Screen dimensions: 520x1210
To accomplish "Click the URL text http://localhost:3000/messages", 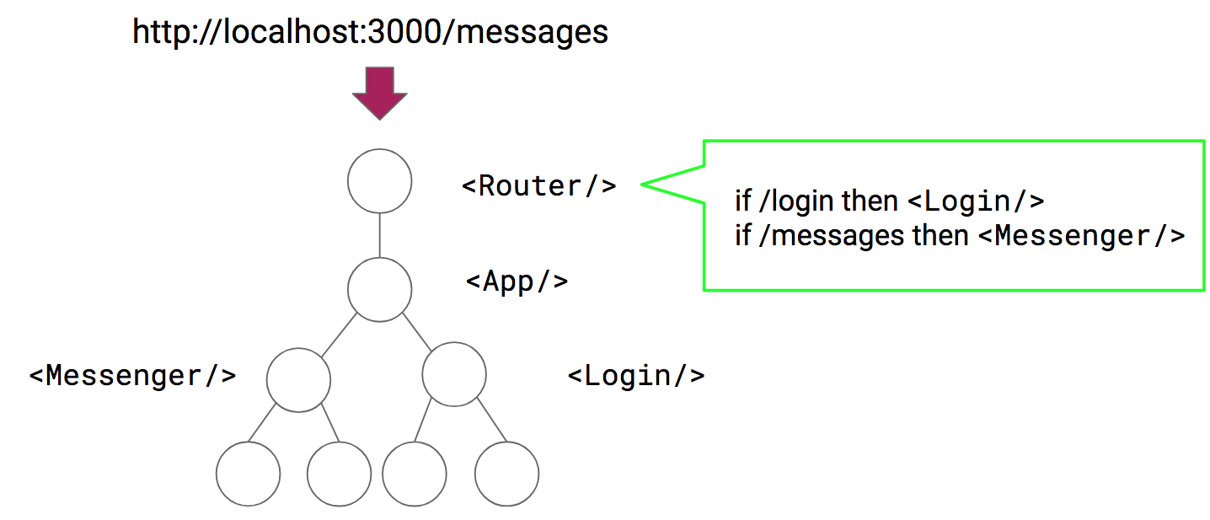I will click(x=370, y=32).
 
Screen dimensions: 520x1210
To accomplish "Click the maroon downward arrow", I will click(x=379, y=92).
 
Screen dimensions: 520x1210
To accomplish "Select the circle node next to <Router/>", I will click(x=379, y=181).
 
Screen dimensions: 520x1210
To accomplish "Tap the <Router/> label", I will click(x=539, y=186).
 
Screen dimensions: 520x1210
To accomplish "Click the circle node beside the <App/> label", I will click(x=379, y=290).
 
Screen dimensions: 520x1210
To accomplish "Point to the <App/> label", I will click(x=517, y=281).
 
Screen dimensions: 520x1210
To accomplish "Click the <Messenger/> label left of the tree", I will click(x=132, y=375).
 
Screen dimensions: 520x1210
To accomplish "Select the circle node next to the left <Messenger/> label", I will click(x=298, y=380).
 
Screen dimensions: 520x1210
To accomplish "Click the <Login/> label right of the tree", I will click(x=636, y=375).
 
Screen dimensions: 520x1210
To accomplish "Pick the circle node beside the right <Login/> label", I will click(x=454, y=374).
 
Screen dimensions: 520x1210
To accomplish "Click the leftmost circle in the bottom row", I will click(x=248, y=474).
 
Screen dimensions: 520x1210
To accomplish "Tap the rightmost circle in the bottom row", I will click(x=506, y=474).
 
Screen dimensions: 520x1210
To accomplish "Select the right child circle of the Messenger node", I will click(x=339, y=474).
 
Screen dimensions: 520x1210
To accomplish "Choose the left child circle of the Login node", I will click(x=414, y=474).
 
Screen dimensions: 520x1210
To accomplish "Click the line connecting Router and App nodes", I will click(x=379, y=235).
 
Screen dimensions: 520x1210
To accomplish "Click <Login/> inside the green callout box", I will click(x=976, y=201).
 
